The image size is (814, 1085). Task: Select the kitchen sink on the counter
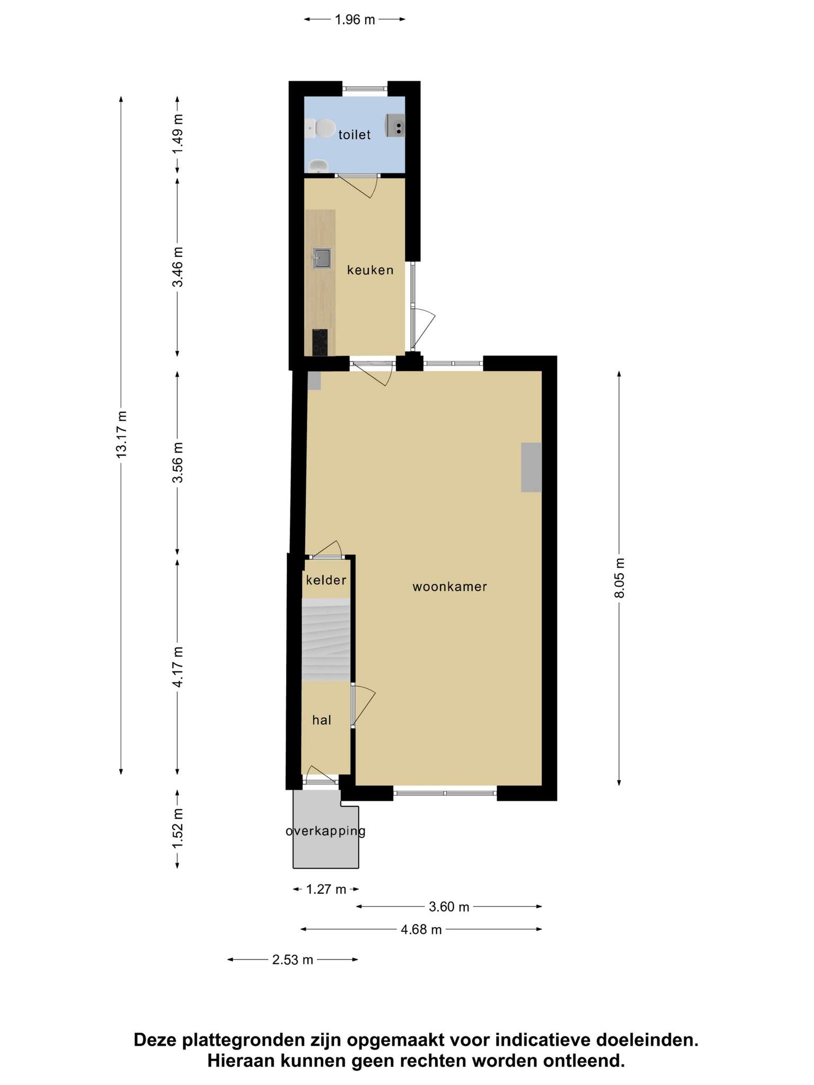(x=322, y=258)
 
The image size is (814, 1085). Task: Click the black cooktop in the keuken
(x=320, y=342)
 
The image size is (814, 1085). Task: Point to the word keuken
(x=370, y=270)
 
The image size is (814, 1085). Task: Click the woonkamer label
(x=450, y=586)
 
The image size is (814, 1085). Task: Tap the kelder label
(x=326, y=580)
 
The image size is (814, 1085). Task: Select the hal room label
(x=322, y=720)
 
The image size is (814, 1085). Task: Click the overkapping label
(x=325, y=831)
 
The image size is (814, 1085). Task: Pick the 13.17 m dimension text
(x=121, y=434)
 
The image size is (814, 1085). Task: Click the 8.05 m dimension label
(x=620, y=577)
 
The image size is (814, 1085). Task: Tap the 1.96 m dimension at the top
(x=355, y=20)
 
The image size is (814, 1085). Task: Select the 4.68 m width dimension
(x=421, y=929)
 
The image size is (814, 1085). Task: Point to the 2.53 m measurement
(x=293, y=959)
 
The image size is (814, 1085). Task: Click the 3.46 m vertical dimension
(x=178, y=266)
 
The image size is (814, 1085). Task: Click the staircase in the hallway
(x=326, y=639)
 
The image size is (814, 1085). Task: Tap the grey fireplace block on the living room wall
(x=531, y=467)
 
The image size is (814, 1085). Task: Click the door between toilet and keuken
(x=357, y=185)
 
